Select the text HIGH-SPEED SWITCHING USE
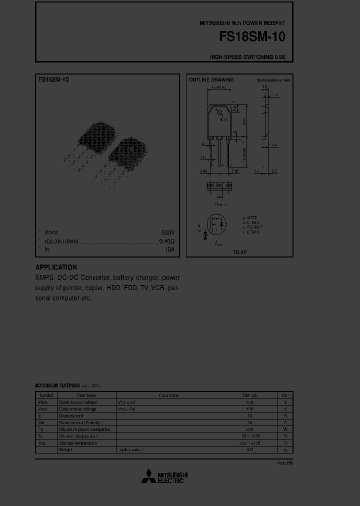click(x=247, y=57)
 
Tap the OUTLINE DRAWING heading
click(x=211, y=80)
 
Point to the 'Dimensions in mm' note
click(x=273, y=80)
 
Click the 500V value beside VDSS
click(x=168, y=233)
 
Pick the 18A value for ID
click(x=169, y=249)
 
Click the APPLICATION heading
click(x=56, y=267)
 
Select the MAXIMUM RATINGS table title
click(x=57, y=386)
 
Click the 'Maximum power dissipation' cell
click(x=84, y=429)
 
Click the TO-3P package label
click(x=239, y=252)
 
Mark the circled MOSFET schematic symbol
click(x=216, y=225)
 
